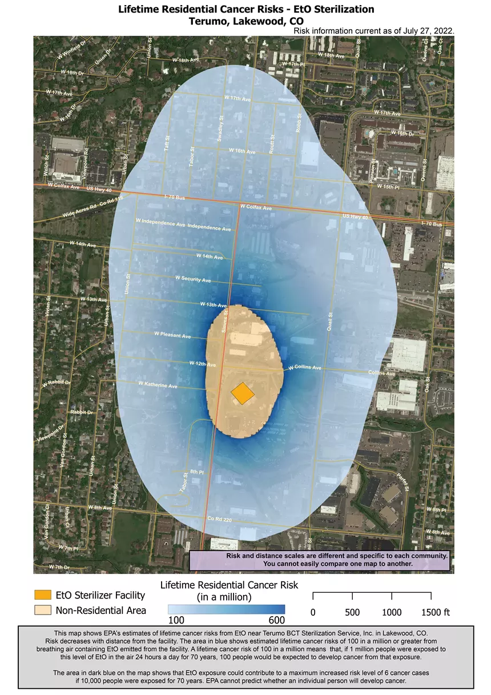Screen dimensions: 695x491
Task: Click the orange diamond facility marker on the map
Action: coord(243,393)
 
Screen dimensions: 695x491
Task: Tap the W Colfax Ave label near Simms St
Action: coord(256,207)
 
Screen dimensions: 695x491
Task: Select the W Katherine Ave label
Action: coord(158,386)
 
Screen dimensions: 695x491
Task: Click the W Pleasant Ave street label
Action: coord(172,335)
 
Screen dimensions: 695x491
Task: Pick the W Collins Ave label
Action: coord(305,367)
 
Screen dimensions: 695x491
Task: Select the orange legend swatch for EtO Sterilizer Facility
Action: coord(43,596)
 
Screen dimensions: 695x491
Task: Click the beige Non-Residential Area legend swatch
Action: coord(43,610)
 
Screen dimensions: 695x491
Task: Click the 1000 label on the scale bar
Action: coord(392,612)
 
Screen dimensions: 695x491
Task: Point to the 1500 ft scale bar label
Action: coord(436,612)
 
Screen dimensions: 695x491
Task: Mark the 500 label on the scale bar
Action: coord(352,612)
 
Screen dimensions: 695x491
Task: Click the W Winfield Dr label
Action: coord(72,50)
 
